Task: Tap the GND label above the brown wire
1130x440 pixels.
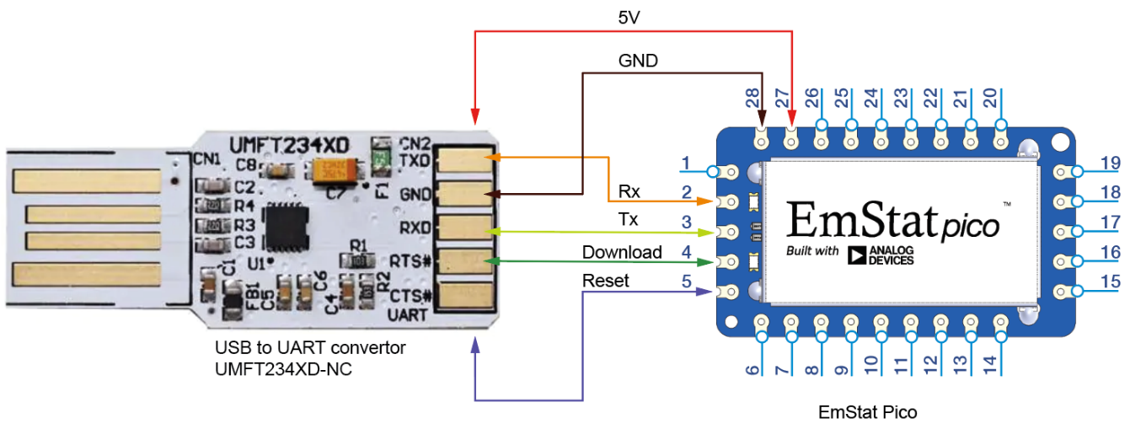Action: pos(638,61)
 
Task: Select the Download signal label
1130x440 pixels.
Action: pos(622,252)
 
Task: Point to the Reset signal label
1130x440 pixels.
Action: pos(605,281)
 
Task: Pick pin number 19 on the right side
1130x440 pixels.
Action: pos(1111,164)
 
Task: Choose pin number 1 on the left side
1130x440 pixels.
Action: pos(686,162)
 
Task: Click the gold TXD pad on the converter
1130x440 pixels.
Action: pos(464,158)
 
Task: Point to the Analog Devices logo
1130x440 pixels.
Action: pos(881,255)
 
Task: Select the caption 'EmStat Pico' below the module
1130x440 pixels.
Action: pos(867,412)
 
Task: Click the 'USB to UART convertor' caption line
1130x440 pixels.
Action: pos(310,347)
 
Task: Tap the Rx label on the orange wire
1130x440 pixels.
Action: pos(629,192)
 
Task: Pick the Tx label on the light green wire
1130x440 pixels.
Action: pos(628,220)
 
